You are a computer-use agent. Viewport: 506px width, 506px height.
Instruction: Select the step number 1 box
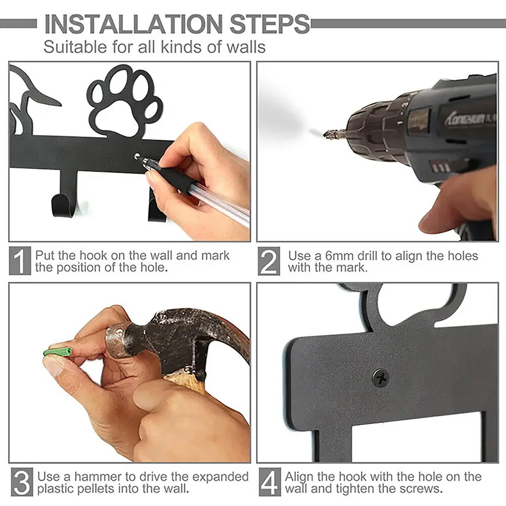[x=20, y=261]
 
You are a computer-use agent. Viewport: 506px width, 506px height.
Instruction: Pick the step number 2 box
[x=269, y=261]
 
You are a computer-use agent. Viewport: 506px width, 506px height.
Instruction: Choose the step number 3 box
[x=22, y=482]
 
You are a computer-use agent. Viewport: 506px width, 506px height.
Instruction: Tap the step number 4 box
[x=270, y=482]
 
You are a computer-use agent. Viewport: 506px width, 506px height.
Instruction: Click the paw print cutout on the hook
[x=125, y=103]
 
